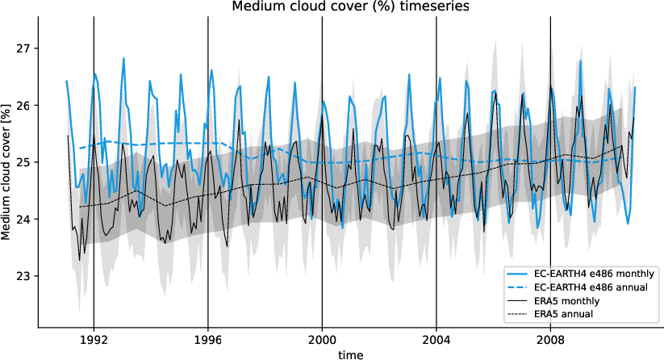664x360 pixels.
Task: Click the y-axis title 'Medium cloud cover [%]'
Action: point(7,171)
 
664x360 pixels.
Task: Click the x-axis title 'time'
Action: point(350,354)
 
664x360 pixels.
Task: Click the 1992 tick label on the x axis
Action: point(94,339)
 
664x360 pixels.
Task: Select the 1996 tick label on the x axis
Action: point(208,339)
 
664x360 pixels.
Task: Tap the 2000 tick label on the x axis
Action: point(323,339)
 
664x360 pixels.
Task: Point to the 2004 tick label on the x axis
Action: point(436,339)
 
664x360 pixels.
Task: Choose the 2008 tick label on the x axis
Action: point(551,339)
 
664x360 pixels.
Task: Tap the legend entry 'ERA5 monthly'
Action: point(568,300)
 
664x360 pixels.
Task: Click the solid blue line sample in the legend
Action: point(519,274)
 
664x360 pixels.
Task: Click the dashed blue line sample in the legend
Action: point(519,287)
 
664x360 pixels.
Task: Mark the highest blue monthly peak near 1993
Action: point(123,58)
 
